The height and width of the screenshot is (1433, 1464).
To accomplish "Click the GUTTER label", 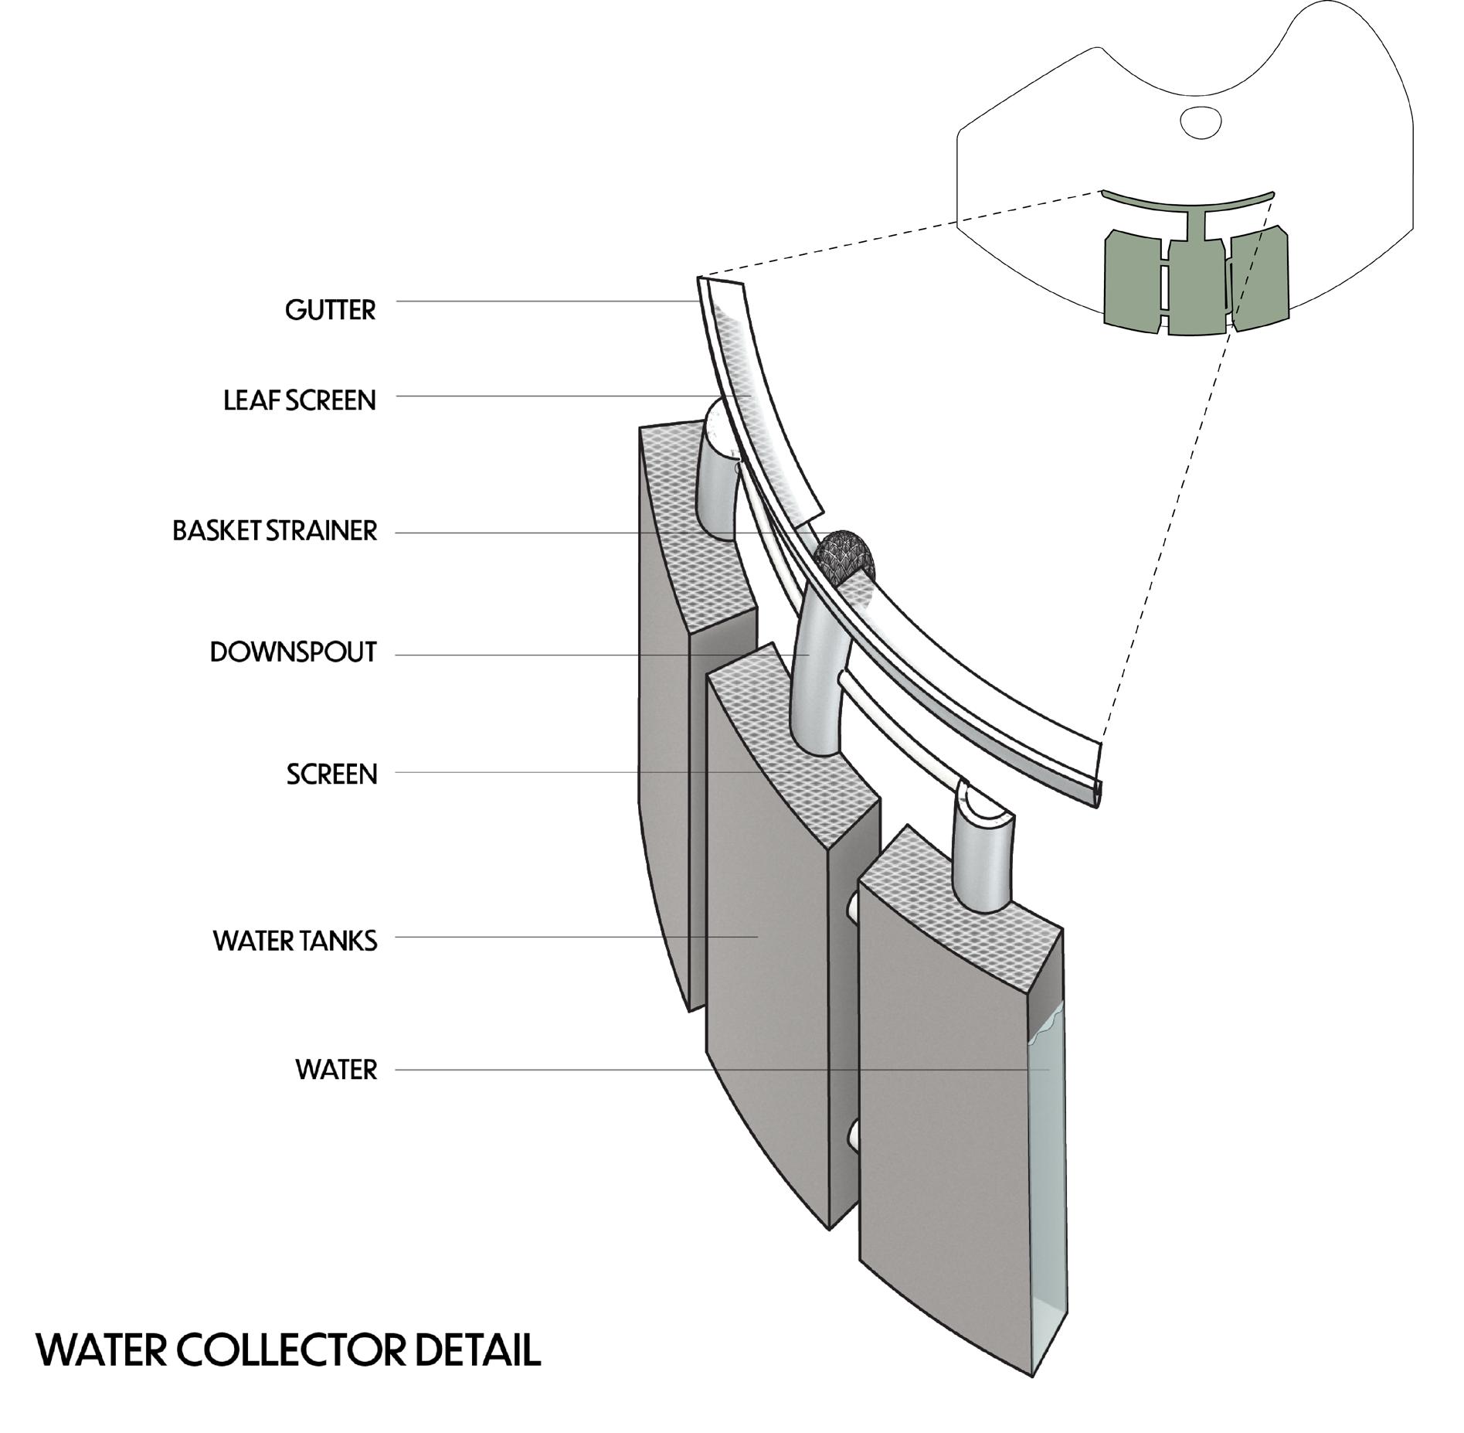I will pos(330,310).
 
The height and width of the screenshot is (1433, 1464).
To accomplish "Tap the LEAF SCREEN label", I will pos(299,400).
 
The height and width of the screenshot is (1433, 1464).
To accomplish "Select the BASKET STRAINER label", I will pos(274,531).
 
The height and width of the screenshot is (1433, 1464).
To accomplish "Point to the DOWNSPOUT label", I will pos(293,652).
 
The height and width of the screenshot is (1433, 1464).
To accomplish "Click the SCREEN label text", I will pos(331,774).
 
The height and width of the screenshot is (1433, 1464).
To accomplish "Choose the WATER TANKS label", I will pos(295,941).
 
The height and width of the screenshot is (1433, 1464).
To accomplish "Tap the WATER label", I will pos(336,1070).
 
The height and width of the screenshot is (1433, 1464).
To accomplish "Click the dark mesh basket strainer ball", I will pos(844,553).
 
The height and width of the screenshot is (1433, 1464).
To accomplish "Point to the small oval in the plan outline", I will pos(1201,121).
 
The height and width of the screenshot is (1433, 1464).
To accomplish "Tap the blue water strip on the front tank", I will pos(1047,1159).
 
